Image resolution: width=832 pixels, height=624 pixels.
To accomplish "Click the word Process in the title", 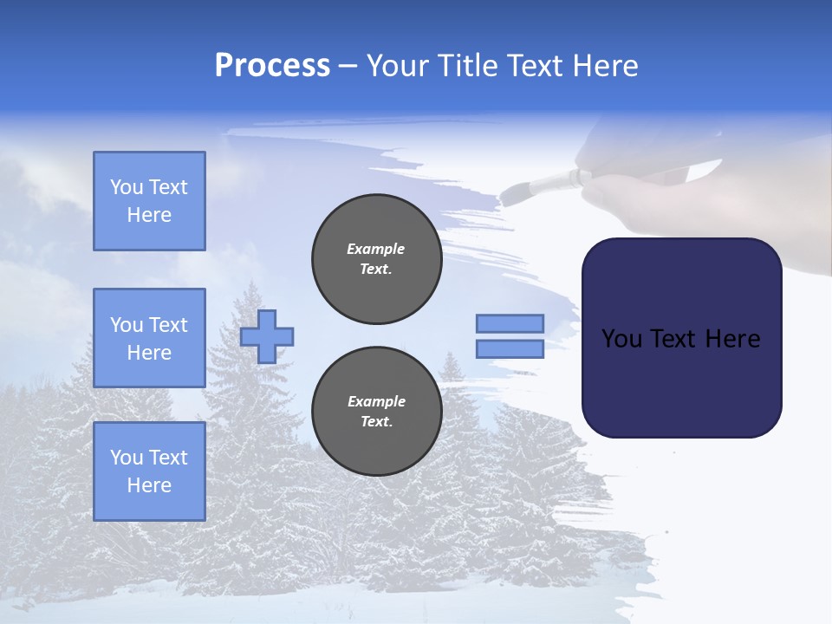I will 272,66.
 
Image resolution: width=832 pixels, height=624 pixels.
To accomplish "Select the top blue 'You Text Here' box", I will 149,201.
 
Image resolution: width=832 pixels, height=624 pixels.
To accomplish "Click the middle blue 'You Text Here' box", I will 149,338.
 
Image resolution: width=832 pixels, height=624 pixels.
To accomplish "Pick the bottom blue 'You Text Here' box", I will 149,471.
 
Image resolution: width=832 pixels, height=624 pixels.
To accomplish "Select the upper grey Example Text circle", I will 377,259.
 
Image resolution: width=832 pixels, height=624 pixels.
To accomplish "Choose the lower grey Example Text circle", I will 377,412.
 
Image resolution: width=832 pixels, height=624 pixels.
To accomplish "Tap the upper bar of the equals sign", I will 510,324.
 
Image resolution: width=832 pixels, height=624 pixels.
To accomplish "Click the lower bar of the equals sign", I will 510,349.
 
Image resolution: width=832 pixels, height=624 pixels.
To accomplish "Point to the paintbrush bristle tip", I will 511,192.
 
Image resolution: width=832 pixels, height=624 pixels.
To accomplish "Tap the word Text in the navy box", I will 674,339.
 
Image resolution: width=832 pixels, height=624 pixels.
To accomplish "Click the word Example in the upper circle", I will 376,249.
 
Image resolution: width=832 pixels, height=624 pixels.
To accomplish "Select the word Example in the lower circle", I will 376,401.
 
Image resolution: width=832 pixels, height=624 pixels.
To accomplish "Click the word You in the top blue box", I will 127,187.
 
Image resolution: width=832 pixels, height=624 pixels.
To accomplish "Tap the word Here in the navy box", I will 732,339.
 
